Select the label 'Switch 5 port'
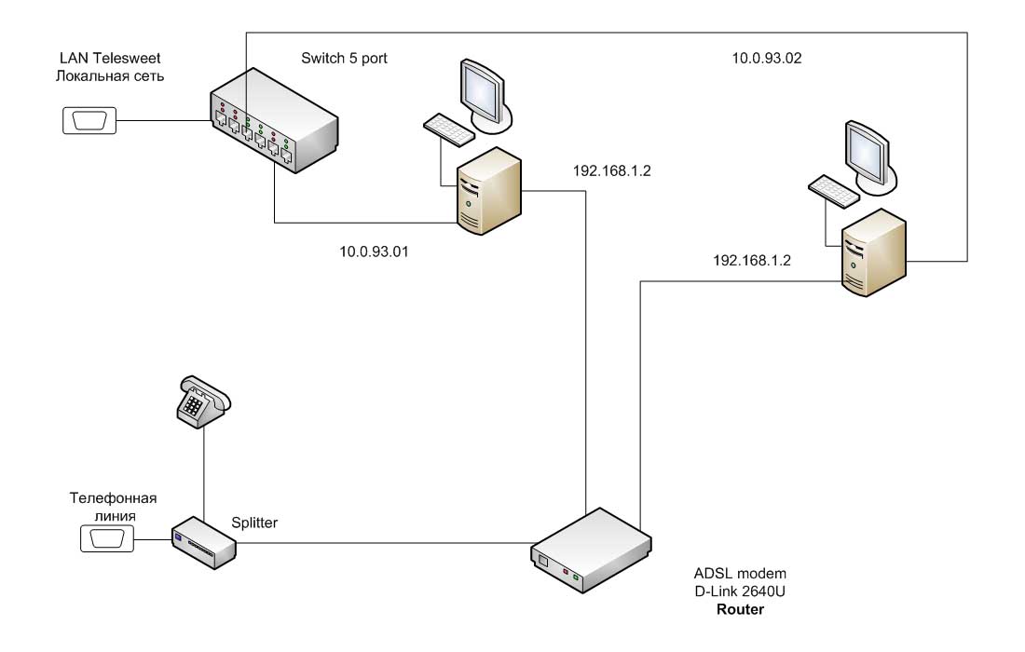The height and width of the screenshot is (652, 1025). coord(344,59)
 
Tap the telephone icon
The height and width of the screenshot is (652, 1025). coord(203,401)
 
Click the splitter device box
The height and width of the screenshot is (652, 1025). coord(204,542)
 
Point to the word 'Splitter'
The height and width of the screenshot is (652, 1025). coord(254,523)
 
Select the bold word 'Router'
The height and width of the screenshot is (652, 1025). coord(740,610)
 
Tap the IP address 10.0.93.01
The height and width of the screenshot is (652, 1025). coord(376,251)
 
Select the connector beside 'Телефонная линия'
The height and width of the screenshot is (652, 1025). coord(107,537)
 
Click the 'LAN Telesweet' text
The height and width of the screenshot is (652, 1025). coord(109,59)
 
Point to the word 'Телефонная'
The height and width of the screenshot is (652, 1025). coord(109,497)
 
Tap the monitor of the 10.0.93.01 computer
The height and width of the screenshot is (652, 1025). coord(485,91)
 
